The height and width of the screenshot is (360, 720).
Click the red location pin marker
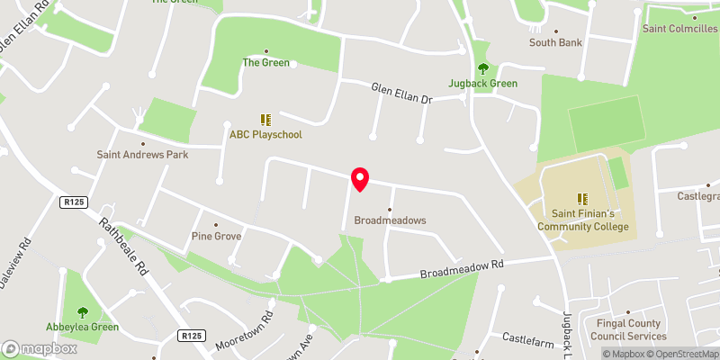360,179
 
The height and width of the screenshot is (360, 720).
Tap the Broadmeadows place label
390,220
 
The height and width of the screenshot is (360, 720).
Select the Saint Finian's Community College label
582,220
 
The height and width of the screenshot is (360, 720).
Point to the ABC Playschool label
265,134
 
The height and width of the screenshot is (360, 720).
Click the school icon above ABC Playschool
265,119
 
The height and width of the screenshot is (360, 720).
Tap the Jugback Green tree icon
483,67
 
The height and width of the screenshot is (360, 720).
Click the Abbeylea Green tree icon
83,312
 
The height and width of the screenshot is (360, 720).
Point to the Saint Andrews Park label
141,154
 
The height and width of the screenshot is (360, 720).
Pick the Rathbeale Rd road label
123,247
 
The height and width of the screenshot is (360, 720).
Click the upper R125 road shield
74,203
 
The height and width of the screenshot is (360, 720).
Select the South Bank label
555,42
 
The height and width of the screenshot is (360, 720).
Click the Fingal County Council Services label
625,329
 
